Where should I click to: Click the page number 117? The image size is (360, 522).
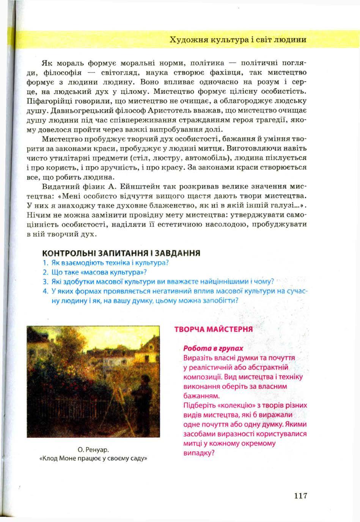coord(300,495)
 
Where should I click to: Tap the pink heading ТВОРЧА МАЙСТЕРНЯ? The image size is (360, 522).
coord(213,329)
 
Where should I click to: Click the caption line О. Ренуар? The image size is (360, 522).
coord(93,450)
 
